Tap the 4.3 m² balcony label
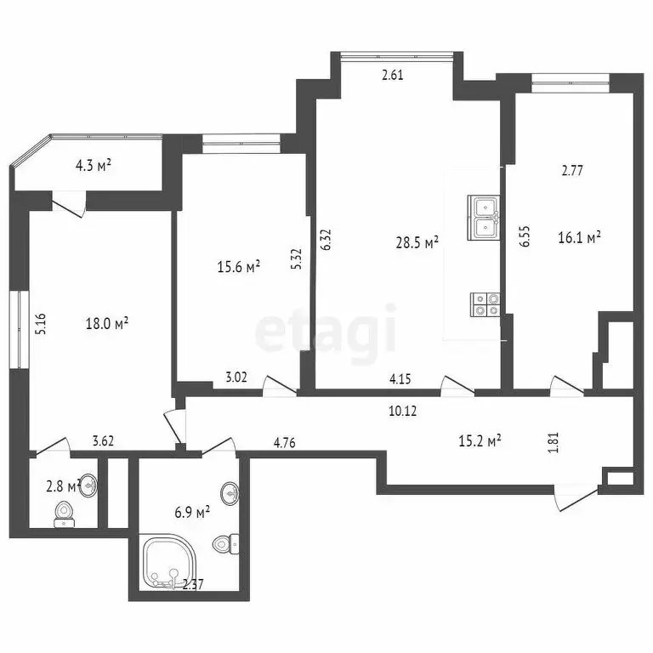point(94,166)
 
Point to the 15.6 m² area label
point(239,267)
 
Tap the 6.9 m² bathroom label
point(191,513)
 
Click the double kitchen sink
point(483,217)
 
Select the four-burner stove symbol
point(485,304)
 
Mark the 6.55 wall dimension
point(525,235)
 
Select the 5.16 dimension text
point(39,326)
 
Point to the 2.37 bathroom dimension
point(195,584)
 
